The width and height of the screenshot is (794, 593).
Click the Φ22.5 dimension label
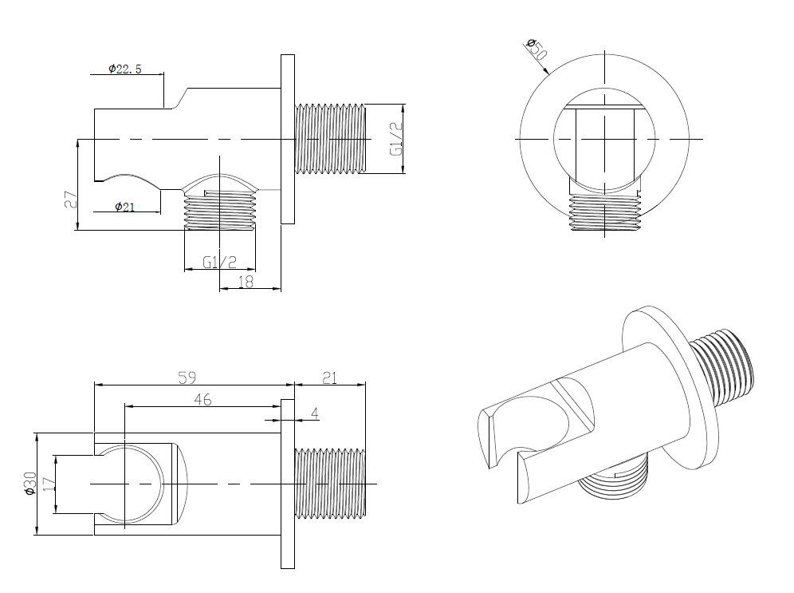click(x=124, y=69)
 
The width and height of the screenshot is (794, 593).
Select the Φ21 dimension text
click(x=124, y=206)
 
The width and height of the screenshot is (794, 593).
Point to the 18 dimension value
click(x=246, y=281)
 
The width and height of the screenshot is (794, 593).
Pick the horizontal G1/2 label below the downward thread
click(x=220, y=262)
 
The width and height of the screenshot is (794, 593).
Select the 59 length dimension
click(x=187, y=378)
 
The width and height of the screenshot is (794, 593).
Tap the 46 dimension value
click(x=202, y=399)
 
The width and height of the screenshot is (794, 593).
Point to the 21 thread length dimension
click(x=330, y=378)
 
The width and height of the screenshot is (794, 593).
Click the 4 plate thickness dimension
click(x=315, y=413)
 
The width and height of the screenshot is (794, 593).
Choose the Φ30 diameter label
click(x=29, y=483)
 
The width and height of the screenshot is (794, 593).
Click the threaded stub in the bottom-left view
click(x=330, y=484)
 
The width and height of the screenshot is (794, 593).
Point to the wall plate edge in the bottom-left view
click(x=288, y=484)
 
